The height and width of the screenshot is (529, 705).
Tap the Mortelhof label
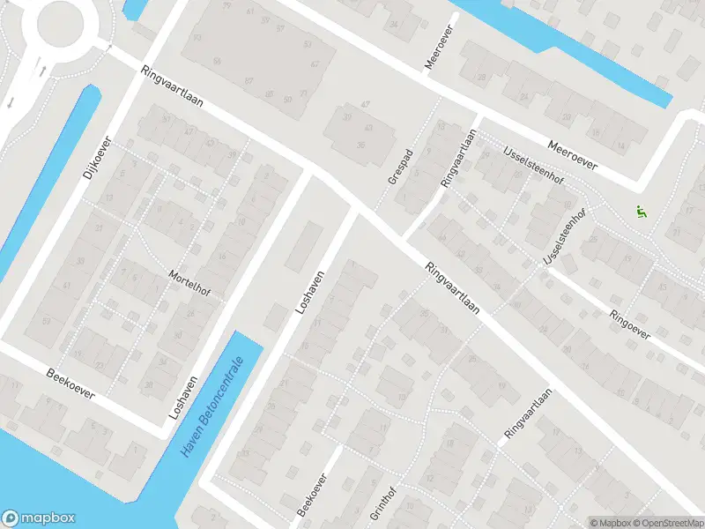[x=187, y=285]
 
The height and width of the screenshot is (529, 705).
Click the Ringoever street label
[x=627, y=323]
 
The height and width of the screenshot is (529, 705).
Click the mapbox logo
[x=39, y=518]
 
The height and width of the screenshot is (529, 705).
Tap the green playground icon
[x=640, y=212]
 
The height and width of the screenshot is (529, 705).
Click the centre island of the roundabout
[x=60, y=22]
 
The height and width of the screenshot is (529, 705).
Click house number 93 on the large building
[x=197, y=37]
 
